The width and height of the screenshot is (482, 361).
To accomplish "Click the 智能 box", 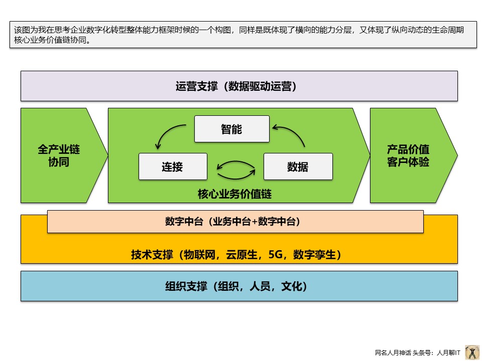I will click(231, 129).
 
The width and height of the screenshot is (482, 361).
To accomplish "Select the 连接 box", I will click(173, 166).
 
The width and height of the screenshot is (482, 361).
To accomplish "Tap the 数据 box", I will click(298, 166).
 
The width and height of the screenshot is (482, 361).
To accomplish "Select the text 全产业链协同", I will click(59, 155).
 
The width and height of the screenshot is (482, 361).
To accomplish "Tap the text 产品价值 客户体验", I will click(408, 155).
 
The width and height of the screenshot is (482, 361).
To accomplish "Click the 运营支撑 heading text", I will click(196, 86).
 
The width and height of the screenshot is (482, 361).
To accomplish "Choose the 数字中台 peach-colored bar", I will click(235, 222).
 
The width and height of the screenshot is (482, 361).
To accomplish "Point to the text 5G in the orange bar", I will click(276, 255).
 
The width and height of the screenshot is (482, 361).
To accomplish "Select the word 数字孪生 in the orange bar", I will click(314, 255).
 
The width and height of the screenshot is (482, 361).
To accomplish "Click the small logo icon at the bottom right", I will click(471, 352).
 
